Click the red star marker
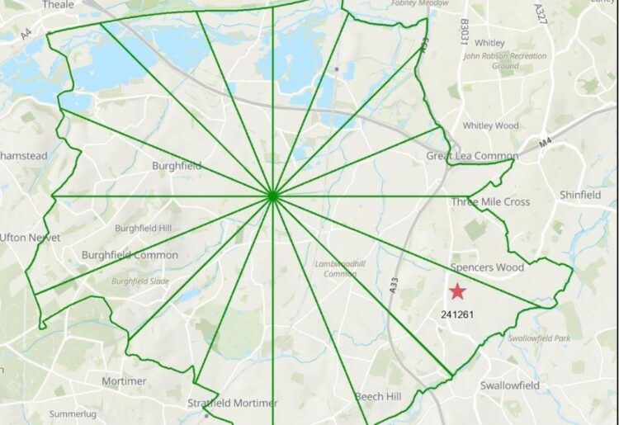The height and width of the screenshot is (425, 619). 457,290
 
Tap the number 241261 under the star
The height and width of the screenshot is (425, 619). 456,314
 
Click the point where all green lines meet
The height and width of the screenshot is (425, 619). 272,196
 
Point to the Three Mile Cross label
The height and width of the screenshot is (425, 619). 490,202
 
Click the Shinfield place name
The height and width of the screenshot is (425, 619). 580,195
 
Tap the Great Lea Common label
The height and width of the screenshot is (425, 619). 472,156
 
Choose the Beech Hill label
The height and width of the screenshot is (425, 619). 378,397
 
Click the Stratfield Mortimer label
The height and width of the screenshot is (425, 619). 233,404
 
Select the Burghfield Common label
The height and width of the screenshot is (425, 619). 130,255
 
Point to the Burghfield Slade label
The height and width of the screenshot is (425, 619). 139,281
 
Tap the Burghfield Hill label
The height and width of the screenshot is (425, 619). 143,228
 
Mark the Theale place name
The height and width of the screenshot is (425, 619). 58,5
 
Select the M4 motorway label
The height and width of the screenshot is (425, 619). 546,143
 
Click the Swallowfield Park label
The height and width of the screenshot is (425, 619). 539,338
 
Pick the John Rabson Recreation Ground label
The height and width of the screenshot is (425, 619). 504,61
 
